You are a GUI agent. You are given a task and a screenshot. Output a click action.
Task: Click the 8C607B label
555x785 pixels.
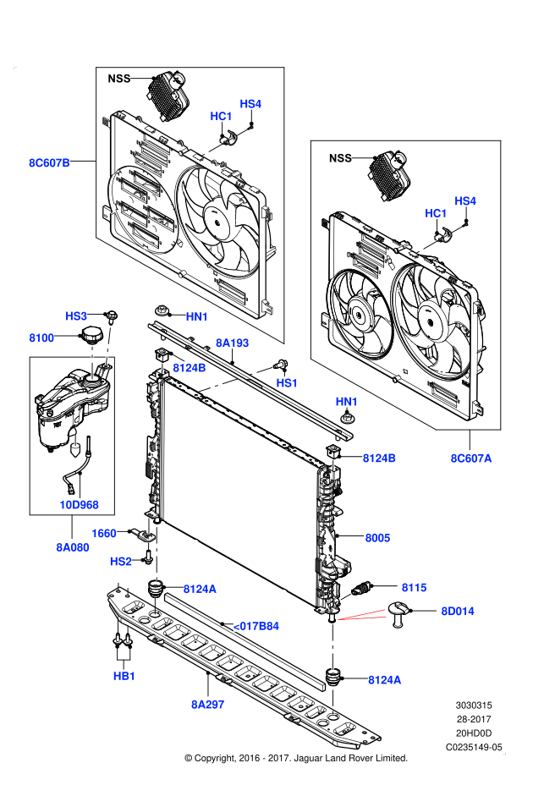49,163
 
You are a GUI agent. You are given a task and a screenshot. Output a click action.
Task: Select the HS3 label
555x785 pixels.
76,316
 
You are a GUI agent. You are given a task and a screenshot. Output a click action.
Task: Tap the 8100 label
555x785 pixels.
41,338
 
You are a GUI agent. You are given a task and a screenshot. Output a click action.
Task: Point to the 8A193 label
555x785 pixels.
232,343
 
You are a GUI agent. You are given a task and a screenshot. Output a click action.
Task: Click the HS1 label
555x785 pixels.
287,383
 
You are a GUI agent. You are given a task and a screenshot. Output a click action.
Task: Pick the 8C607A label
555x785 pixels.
470,458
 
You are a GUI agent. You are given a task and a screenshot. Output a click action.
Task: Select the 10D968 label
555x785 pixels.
79,505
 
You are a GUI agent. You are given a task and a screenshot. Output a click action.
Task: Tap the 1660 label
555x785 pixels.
104,534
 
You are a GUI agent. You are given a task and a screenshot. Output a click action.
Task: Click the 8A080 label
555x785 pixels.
73,547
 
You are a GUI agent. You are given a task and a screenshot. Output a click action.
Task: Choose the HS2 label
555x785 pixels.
121,562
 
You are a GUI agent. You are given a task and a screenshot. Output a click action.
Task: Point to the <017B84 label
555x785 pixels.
256,626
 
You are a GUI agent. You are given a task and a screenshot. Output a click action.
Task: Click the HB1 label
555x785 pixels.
124,677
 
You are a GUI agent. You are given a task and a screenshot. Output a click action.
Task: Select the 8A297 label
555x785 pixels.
208,705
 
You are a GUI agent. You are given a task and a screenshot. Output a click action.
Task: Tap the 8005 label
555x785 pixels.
377,538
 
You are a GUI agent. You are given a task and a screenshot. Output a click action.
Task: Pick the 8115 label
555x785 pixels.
415,588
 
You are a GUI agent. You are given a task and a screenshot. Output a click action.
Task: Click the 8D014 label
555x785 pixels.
458,612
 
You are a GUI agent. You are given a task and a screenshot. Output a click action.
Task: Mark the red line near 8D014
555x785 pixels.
364,616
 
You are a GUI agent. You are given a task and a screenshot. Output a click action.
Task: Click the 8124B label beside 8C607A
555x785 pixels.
379,458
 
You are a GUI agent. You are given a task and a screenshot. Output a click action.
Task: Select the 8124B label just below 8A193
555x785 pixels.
190,368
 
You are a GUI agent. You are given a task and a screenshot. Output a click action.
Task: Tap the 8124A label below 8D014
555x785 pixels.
384,680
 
